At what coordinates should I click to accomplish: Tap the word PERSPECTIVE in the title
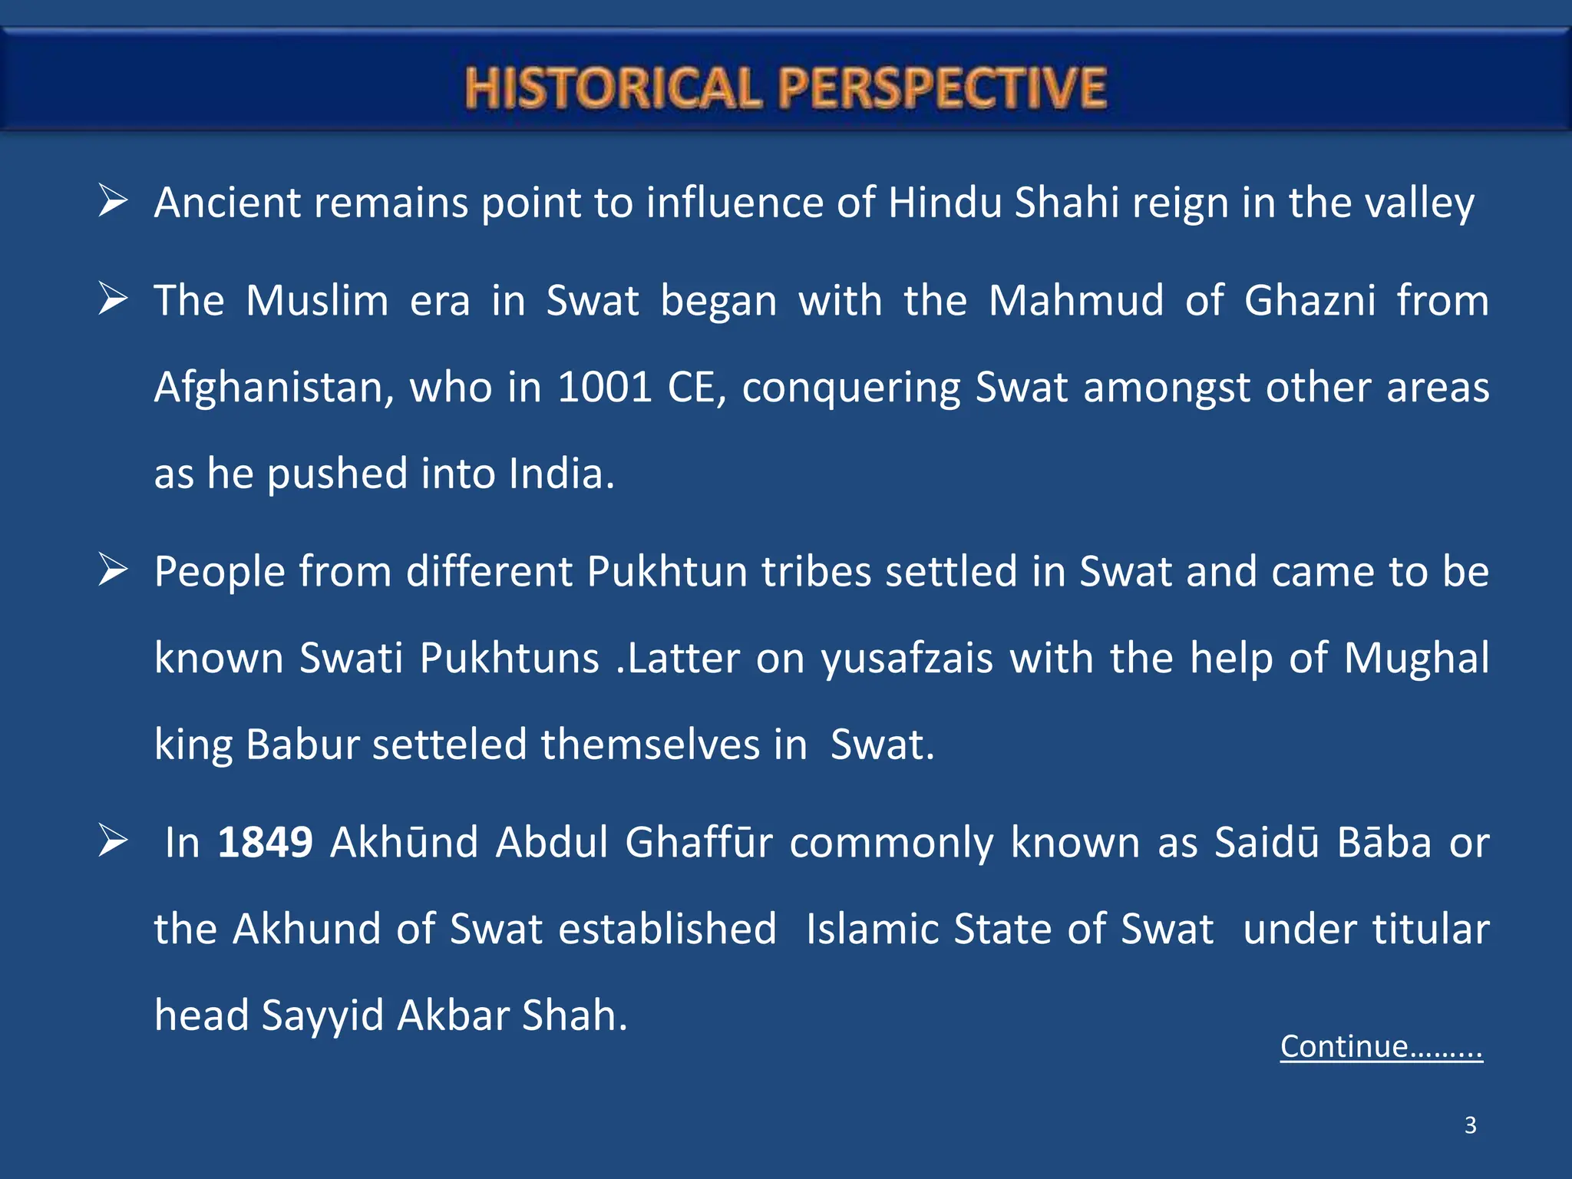[943, 88]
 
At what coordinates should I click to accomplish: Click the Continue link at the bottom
[1381, 1046]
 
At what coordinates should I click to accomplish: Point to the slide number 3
[1470, 1125]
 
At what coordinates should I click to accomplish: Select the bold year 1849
[265, 842]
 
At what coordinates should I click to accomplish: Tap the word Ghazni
[1309, 300]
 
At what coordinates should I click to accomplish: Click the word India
[561, 474]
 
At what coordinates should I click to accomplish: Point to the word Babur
[302, 745]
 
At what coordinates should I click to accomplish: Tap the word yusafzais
[907, 659]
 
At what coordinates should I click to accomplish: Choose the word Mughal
[1416, 658]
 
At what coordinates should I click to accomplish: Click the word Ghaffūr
[699, 842]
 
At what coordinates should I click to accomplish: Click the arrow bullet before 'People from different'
[113, 571]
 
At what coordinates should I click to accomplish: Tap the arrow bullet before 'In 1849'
[113, 842]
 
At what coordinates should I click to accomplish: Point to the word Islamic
[872, 929]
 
